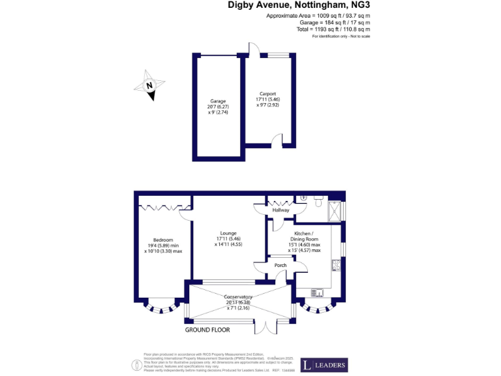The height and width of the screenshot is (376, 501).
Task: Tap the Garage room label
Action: click(218, 101)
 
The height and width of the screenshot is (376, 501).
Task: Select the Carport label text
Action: click(267, 94)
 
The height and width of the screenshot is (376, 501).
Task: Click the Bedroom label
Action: click(163, 239)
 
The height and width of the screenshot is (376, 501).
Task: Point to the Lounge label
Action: click(228, 233)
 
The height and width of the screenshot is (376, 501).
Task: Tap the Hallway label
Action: click(281, 210)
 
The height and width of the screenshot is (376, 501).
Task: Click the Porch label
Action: click(281, 265)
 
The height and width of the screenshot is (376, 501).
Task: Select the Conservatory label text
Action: click(237, 297)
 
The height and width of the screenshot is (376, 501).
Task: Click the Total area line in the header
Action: click(333, 29)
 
